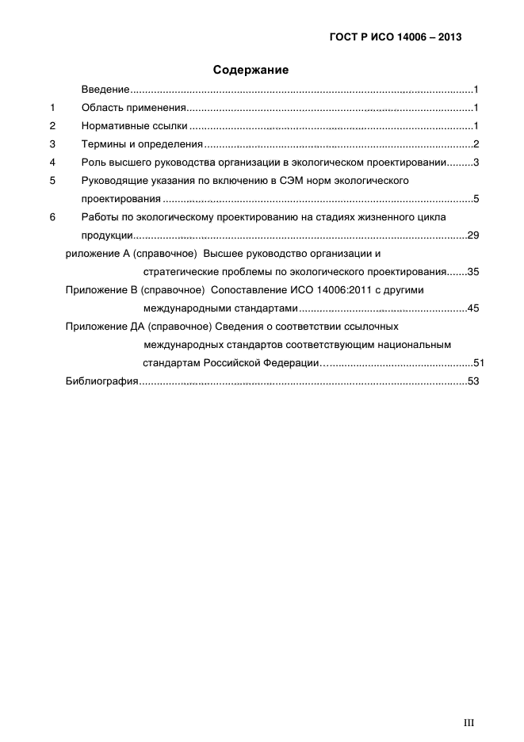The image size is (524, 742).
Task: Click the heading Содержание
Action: (251, 71)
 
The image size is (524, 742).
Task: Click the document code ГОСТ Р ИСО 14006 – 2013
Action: (396, 36)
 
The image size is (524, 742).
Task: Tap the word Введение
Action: (105, 90)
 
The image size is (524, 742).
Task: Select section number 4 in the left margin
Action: (52, 162)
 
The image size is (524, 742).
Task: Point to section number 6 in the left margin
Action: (52, 216)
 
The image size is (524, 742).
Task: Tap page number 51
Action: (478, 363)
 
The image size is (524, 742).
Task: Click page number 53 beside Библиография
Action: (473, 382)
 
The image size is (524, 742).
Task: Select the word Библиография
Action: (102, 382)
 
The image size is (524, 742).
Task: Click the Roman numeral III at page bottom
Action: (469, 722)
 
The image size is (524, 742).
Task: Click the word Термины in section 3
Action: (103, 144)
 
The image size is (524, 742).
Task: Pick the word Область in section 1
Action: (101, 108)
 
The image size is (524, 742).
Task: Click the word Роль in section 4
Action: (93, 162)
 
